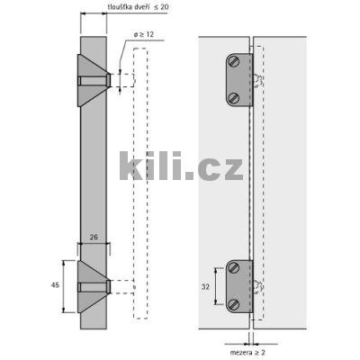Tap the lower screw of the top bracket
(x=233, y=97)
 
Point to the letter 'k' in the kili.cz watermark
(x=131, y=166)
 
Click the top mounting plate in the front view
(x=238, y=80)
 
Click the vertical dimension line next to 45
(x=65, y=285)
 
